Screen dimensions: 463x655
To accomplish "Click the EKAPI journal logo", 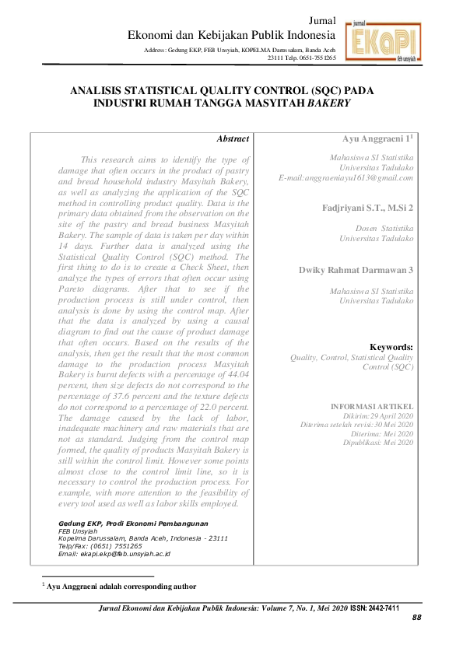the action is point(381,40).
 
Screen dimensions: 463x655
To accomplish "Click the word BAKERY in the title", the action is point(330,102).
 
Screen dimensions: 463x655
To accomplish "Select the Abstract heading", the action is point(233,138).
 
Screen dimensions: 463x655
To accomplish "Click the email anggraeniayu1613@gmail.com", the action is point(346,178).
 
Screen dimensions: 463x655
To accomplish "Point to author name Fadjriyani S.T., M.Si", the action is point(367,208).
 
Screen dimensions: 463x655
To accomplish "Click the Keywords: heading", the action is point(391,347).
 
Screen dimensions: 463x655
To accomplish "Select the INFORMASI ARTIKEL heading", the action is point(372,407).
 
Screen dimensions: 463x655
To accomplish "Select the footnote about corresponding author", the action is point(121,586).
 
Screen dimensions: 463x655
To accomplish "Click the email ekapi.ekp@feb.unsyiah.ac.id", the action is point(114,554).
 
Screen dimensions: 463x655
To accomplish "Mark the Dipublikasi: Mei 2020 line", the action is point(379,442).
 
